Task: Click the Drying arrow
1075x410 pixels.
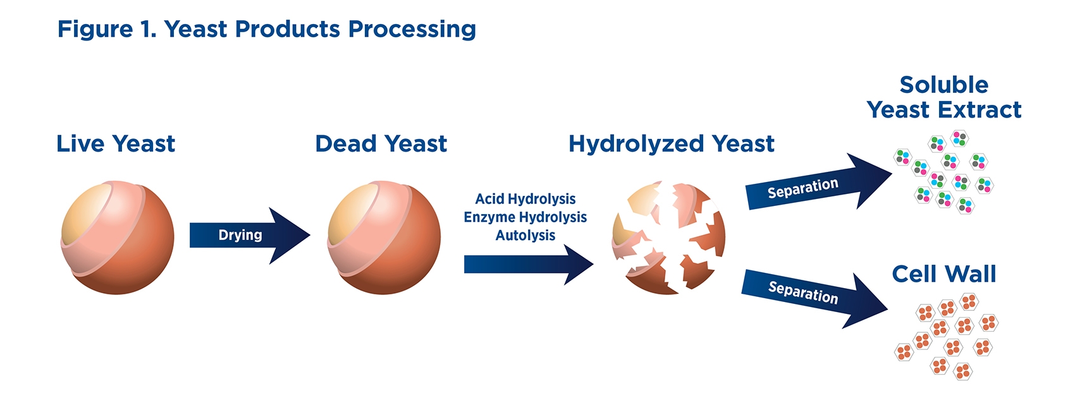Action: click(x=250, y=236)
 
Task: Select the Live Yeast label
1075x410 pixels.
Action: click(x=116, y=143)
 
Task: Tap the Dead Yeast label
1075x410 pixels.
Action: click(x=381, y=143)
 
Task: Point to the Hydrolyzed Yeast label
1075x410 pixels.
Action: click(x=672, y=144)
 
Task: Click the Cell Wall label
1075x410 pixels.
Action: click(x=944, y=274)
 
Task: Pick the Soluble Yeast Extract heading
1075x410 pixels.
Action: click(x=944, y=97)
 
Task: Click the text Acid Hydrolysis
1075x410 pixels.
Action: click(x=525, y=198)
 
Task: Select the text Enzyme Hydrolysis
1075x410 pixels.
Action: click(x=525, y=217)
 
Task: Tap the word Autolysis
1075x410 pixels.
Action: click(x=525, y=235)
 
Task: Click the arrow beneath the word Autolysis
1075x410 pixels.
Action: click(x=529, y=264)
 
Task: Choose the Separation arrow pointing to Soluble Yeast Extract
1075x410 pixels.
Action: click(x=818, y=182)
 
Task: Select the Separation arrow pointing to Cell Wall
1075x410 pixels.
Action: click(x=815, y=299)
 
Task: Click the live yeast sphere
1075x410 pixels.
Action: click(x=118, y=238)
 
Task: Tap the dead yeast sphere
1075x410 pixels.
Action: click(x=384, y=238)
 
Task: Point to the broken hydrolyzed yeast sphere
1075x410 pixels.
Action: click(x=668, y=238)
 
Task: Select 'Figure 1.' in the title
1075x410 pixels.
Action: click(x=107, y=29)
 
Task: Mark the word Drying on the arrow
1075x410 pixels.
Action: click(x=240, y=235)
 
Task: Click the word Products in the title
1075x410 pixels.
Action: click(x=288, y=29)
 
